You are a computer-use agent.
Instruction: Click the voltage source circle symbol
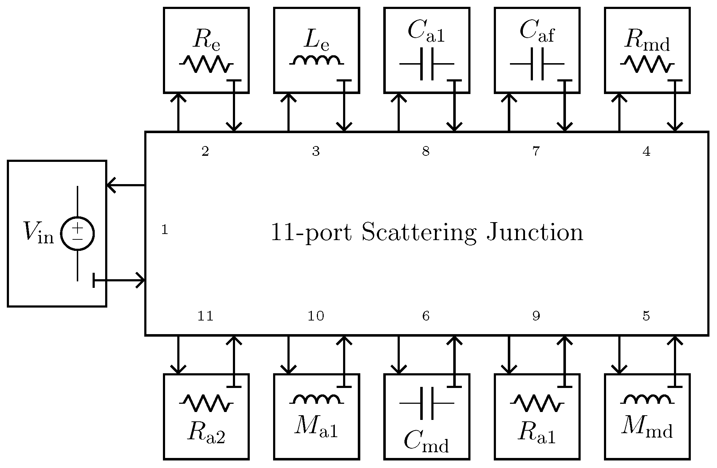tap(78, 233)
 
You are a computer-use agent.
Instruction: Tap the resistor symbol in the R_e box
tap(206, 64)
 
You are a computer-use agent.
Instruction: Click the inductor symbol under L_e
tap(316, 61)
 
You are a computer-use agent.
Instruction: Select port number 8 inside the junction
tap(426, 152)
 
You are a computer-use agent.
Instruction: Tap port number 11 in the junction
tap(205, 316)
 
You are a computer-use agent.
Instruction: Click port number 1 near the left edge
tap(165, 230)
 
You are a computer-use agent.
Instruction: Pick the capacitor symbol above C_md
tap(427, 403)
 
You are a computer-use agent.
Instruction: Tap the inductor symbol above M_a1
tap(316, 399)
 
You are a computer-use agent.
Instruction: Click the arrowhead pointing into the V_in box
tap(111, 185)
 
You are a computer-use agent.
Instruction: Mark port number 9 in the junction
tap(536, 316)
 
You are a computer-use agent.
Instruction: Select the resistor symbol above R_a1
tap(537, 403)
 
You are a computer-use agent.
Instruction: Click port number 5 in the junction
tap(646, 316)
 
